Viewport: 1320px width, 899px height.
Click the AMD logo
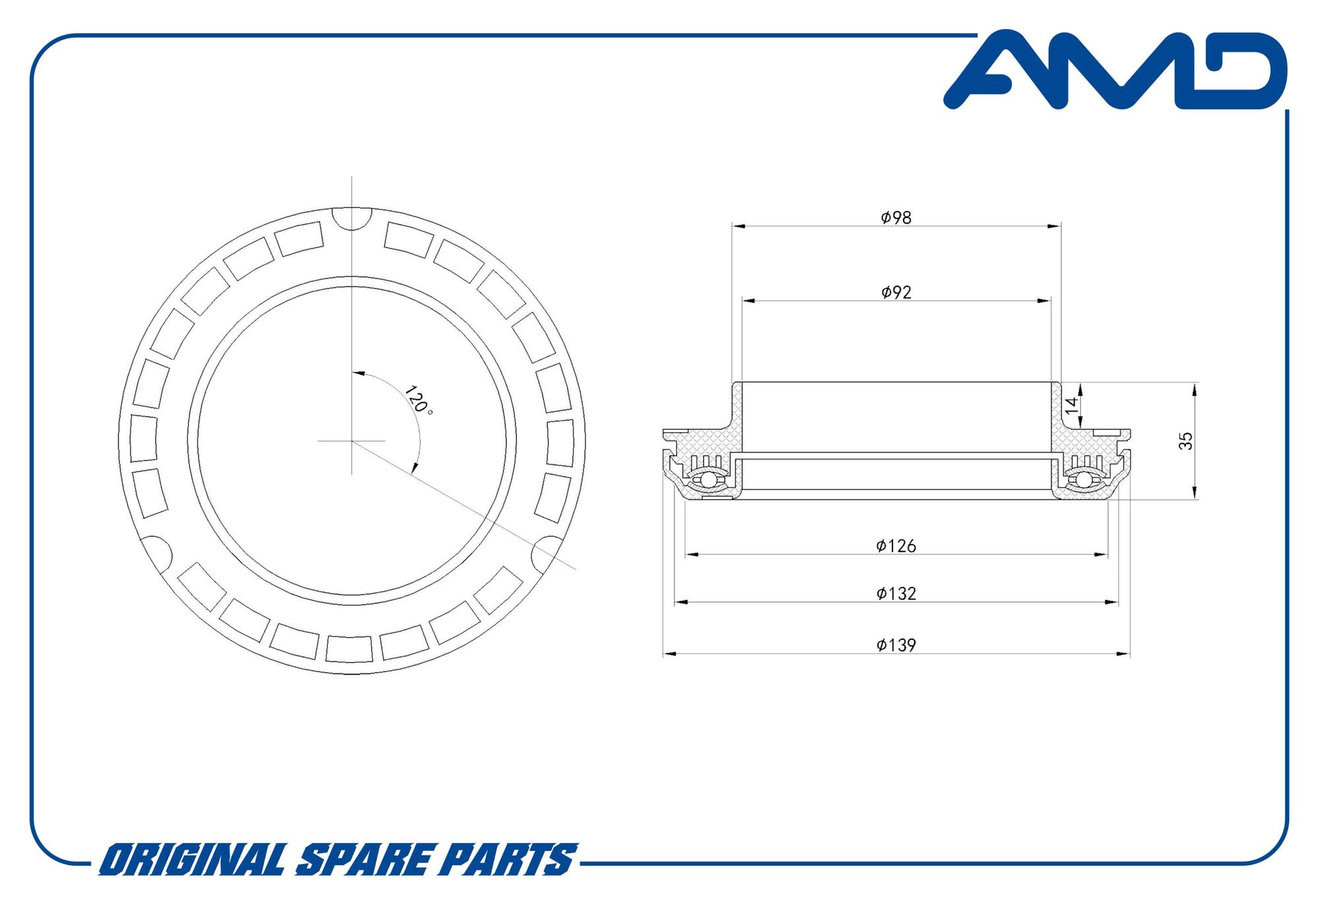(1115, 69)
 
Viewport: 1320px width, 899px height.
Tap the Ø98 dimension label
(896, 217)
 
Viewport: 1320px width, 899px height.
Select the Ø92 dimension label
(896, 292)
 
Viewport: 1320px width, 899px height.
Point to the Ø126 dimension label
(896, 545)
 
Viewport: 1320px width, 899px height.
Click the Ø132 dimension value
(896, 593)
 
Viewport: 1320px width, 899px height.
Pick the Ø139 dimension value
(896, 644)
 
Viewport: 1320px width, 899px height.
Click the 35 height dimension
(1185, 441)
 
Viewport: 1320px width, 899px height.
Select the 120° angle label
(418, 400)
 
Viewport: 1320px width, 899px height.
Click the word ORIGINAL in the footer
(192, 859)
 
